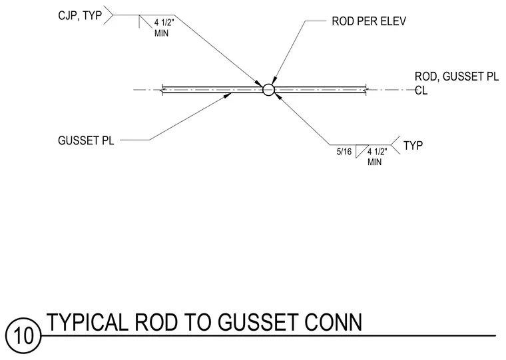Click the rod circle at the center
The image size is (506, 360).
pyautogui.click(x=268, y=90)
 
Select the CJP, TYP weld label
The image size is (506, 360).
pyautogui.click(x=80, y=15)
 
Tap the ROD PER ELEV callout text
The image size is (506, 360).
pyautogui.click(x=369, y=21)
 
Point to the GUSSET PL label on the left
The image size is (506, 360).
pyautogui.click(x=86, y=140)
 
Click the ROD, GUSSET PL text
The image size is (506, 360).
pyautogui.click(x=457, y=77)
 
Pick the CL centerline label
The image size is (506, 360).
pyautogui.click(x=421, y=90)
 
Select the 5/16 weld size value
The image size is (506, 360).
pyautogui.click(x=344, y=152)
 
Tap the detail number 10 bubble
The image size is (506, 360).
pyautogui.click(x=24, y=336)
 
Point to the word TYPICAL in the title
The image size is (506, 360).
pyautogui.click(x=87, y=322)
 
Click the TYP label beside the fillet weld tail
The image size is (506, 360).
pyautogui.click(x=413, y=146)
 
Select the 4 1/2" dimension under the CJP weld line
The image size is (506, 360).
pyautogui.click(x=164, y=23)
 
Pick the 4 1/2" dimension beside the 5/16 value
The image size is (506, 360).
pyautogui.click(x=378, y=152)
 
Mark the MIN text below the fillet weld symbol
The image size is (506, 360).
pyautogui.click(x=374, y=162)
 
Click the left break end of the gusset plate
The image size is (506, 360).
pyautogui.click(x=163, y=90)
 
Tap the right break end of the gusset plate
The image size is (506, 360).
pyautogui.click(x=366, y=90)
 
